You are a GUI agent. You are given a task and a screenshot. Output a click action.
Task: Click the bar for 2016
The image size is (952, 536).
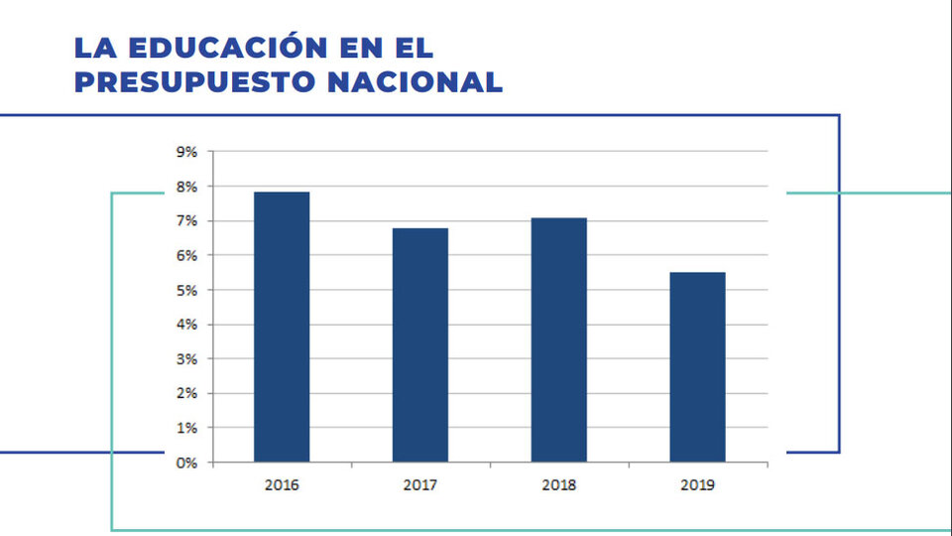[x=282, y=327]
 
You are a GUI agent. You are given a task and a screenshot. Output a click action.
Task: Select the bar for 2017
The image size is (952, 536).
[x=420, y=345]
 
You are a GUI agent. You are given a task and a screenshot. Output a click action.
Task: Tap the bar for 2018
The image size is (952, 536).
[x=558, y=339]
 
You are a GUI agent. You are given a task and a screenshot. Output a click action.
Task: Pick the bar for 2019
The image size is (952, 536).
[x=697, y=367]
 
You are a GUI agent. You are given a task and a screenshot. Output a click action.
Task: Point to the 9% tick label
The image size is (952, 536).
[x=187, y=152]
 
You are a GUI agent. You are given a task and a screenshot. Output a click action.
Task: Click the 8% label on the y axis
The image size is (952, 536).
[x=187, y=187]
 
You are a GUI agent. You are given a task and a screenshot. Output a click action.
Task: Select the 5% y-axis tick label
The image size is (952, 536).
[x=187, y=291]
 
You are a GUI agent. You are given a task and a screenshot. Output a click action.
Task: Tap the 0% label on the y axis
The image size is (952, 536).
[x=187, y=464]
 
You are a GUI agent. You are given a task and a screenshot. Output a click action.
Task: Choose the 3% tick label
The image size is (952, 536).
[x=187, y=359]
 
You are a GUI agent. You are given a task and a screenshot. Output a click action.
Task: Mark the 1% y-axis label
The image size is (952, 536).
[x=187, y=429]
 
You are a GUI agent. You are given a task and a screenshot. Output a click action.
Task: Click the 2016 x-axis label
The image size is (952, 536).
[x=282, y=485]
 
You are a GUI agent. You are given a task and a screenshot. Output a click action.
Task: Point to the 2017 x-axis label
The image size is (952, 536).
[x=420, y=485]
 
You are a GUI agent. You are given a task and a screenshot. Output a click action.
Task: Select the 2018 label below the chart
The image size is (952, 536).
[x=558, y=485]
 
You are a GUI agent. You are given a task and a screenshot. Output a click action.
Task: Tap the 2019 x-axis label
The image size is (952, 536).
[x=697, y=485]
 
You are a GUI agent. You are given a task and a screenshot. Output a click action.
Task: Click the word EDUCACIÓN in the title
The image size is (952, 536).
[x=228, y=47]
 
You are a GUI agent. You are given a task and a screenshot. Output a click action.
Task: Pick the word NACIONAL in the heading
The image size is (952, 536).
[x=416, y=82]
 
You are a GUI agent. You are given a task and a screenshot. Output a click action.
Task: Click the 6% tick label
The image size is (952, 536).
[x=187, y=256]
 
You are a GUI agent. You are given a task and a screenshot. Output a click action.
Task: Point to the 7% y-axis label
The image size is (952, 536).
[x=187, y=221]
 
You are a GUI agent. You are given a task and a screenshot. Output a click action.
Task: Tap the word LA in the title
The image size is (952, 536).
[x=95, y=48]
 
